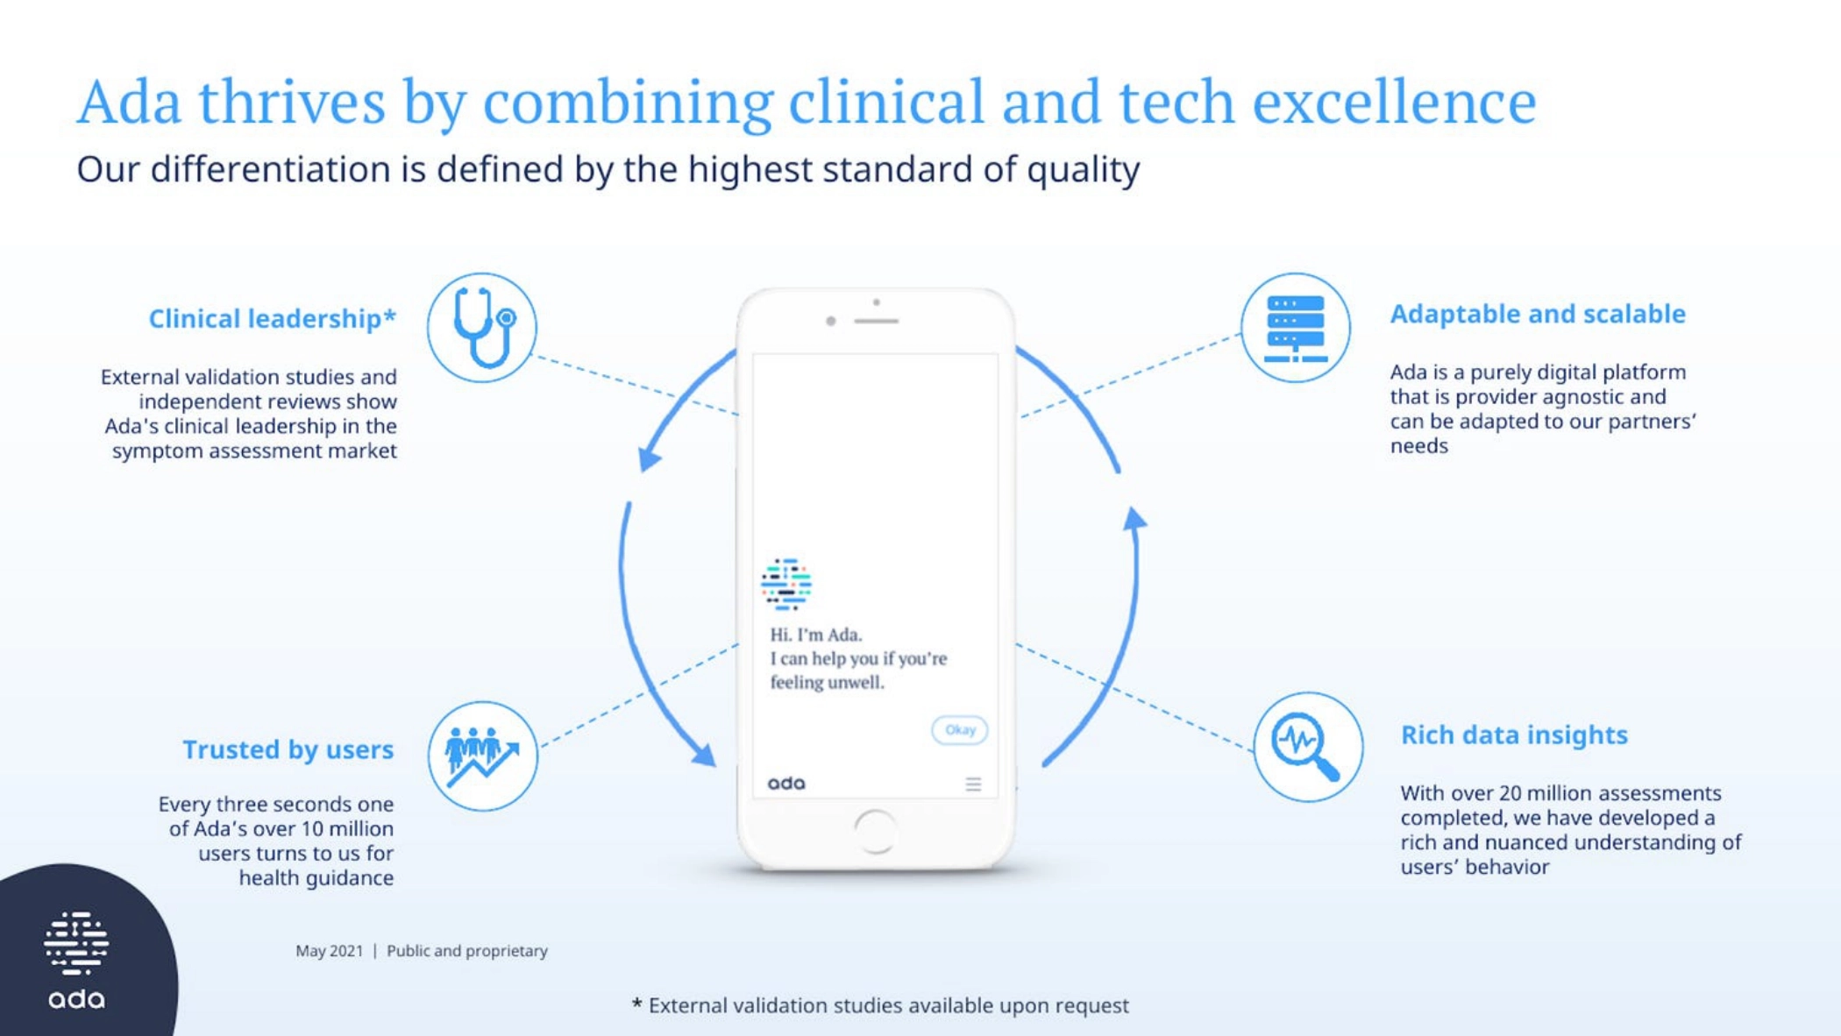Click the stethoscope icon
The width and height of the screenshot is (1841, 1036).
pos(481,327)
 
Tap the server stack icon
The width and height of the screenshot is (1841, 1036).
pos(1295,327)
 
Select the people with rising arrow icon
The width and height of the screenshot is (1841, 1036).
pos(482,756)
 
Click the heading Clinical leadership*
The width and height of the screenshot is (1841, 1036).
pos(272,318)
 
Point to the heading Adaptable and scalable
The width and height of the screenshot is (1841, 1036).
pos(1538,314)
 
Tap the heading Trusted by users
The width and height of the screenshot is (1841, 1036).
pos(288,750)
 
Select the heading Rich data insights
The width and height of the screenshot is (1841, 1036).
pos(1514,734)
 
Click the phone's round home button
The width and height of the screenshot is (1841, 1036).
pos(875,831)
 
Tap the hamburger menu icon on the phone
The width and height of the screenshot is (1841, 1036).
pos(973,784)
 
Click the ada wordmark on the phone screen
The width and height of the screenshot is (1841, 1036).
pos(786,784)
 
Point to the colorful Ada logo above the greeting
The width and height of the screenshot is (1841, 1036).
pos(786,584)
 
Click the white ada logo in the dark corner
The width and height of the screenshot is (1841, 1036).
pos(76,960)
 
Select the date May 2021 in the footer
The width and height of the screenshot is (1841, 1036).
pos(329,951)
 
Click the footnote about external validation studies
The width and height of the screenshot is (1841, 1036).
pos(880,1005)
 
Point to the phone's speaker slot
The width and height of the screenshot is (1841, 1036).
pos(876,322)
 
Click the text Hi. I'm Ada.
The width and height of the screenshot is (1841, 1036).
pos(816,635)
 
